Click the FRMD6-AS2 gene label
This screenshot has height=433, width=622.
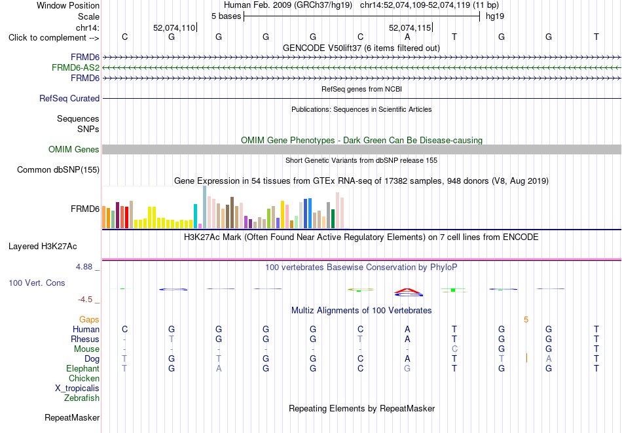click(75, 68)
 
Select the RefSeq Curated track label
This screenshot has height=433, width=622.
click(69, 98)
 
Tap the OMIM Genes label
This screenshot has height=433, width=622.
click(74, 149)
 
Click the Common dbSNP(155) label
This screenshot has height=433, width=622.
click(58, 169)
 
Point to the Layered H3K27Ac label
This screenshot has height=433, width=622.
click(43, 247)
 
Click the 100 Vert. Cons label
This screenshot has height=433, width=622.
click(37, 283)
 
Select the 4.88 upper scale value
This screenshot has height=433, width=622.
click(84, 267)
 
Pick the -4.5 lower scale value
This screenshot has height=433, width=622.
click(85, 300)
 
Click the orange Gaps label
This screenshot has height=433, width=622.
click(89, 319)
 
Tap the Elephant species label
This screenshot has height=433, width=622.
click(83, 368)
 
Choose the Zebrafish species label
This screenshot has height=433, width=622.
click(82, 398)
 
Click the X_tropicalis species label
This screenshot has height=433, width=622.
click(77, 389)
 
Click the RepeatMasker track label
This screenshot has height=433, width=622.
click(72, 417)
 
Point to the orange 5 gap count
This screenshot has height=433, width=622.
click(526, 320)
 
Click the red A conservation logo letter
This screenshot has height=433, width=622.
click(408, 291)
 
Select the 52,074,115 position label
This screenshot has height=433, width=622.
click(410, 27)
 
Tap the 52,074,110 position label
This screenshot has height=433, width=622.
click(174, 27)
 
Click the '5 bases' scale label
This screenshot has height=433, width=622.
click(226, 16)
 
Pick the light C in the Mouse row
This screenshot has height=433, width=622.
click(454, 349)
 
